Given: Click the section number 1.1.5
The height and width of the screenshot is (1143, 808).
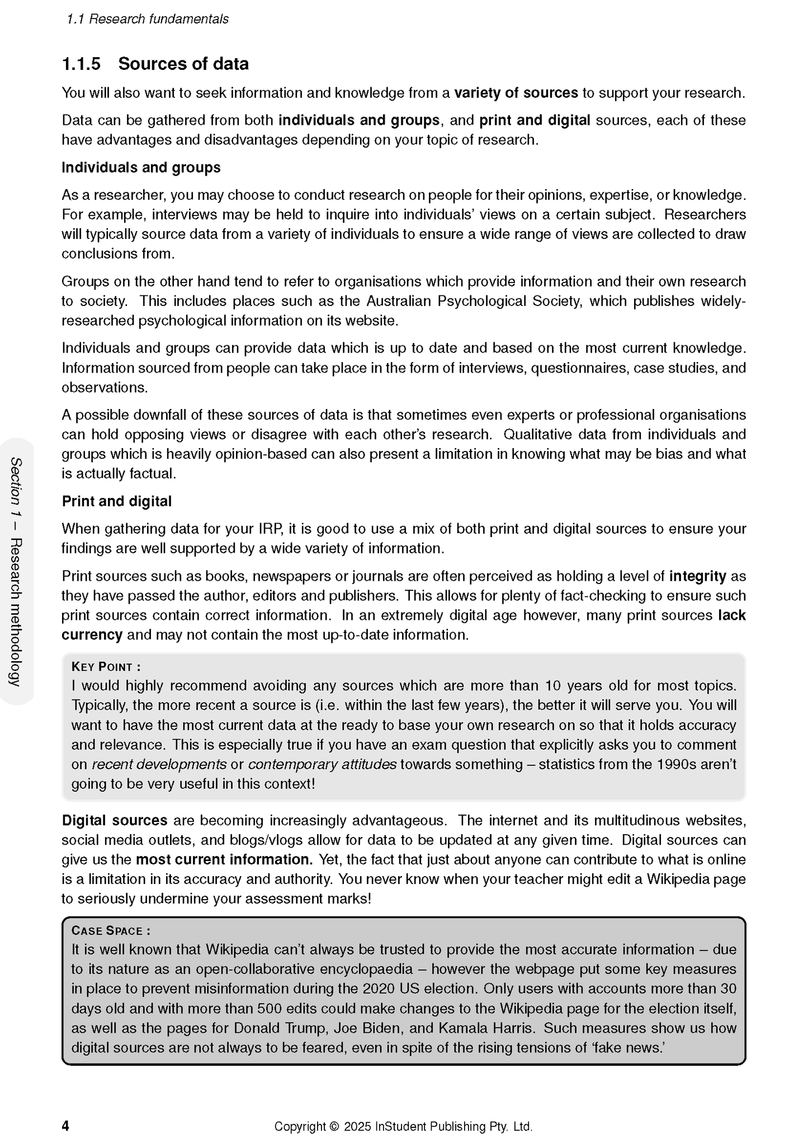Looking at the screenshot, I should [81, 64].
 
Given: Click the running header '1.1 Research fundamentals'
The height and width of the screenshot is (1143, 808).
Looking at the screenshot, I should [148, 19].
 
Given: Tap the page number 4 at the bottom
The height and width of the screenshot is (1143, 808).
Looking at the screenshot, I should [65, 1126].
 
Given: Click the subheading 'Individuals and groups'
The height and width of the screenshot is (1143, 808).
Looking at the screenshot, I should [141, 167].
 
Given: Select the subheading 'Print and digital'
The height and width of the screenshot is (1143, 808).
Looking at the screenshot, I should [116, 501].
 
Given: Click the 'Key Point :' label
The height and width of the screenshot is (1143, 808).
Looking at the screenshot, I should [106, 667].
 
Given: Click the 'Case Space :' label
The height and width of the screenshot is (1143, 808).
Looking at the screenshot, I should [111, 931].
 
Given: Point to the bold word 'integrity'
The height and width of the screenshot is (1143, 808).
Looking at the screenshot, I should [697, 576].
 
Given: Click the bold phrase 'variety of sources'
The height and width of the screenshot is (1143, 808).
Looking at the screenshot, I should [516, 93].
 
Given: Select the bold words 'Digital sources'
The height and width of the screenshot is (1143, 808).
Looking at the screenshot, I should [115, 821].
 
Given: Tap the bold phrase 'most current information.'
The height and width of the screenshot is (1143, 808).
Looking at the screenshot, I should [224, 859].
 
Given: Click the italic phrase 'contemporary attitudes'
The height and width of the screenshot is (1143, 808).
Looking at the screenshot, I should [322, 764].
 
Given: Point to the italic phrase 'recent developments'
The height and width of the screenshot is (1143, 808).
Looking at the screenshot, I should [159, 764].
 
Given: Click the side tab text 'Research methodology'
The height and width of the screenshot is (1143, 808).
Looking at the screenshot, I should [16, 613].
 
